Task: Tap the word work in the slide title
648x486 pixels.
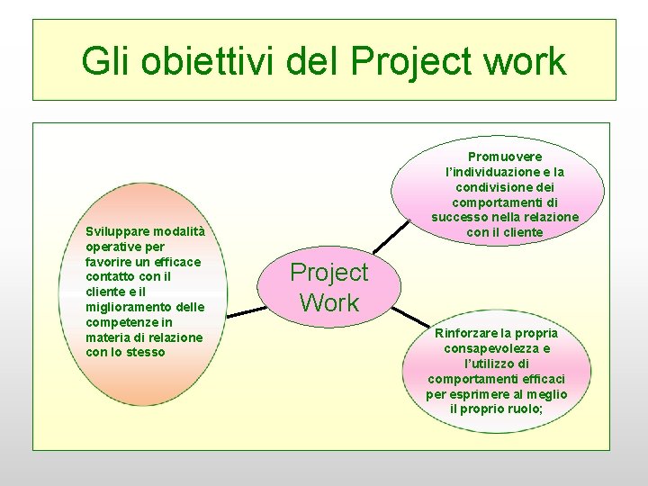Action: click(524, 61)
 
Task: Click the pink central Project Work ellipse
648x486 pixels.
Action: click(328, 287)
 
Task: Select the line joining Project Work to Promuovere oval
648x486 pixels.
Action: click(392, 238)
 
